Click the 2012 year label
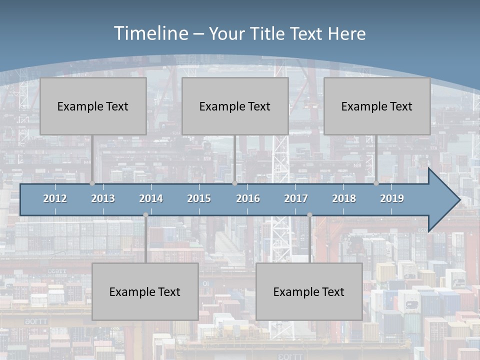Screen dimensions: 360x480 55,198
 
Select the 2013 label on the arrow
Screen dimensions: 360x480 103,198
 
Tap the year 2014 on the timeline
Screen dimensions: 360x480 151,198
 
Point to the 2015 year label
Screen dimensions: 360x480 199,198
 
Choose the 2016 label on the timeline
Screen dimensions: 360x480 248,198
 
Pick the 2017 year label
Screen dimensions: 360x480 296,198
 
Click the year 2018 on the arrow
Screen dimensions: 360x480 344,198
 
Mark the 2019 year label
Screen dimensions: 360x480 392,198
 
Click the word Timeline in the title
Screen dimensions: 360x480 150,33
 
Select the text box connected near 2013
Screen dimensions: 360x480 93,106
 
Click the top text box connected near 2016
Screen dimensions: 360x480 235,106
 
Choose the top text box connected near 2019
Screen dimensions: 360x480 377,106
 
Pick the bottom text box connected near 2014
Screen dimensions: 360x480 145,291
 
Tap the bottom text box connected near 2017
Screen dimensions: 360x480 309,291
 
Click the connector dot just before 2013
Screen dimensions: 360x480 92,183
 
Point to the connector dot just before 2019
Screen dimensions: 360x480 376,183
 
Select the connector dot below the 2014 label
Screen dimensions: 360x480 145,215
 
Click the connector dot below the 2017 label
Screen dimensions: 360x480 309,215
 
